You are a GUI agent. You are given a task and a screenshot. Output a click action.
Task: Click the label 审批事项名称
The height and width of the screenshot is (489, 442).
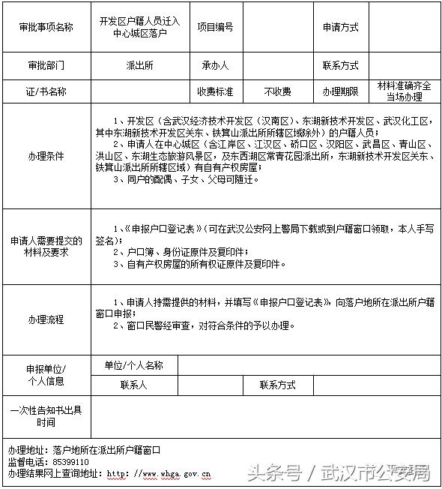46,27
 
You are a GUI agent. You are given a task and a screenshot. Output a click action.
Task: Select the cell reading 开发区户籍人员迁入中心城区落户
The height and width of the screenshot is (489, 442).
139,28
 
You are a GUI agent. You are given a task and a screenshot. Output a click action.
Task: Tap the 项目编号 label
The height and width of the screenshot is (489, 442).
215,27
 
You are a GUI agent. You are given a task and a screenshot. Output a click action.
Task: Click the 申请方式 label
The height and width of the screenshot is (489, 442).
341,27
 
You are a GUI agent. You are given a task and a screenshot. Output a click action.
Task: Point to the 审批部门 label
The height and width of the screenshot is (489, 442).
46,65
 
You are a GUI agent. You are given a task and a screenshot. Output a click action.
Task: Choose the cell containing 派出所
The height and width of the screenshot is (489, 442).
139,65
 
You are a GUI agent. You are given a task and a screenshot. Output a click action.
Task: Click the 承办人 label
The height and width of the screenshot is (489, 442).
215,65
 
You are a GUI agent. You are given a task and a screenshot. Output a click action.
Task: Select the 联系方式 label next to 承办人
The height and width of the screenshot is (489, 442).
341,65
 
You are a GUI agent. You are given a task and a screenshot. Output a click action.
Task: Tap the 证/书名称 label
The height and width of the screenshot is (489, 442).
46,91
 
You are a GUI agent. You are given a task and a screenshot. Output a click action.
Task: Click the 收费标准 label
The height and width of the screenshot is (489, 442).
215,91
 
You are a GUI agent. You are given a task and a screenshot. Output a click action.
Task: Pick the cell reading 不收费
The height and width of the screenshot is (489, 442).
278,91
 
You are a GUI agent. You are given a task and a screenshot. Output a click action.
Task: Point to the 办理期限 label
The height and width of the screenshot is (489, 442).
341,91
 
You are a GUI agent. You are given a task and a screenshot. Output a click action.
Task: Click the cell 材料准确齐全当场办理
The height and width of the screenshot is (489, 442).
404,91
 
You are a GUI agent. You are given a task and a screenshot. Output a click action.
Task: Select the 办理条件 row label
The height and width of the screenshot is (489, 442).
46,157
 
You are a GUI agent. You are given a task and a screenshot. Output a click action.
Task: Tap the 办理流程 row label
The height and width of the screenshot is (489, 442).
46,319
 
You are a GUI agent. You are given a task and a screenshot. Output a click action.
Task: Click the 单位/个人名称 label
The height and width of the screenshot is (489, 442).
133,365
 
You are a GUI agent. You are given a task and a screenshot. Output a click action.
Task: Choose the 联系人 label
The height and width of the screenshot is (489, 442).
133,385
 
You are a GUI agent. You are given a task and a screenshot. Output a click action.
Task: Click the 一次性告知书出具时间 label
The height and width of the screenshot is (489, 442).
46,416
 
